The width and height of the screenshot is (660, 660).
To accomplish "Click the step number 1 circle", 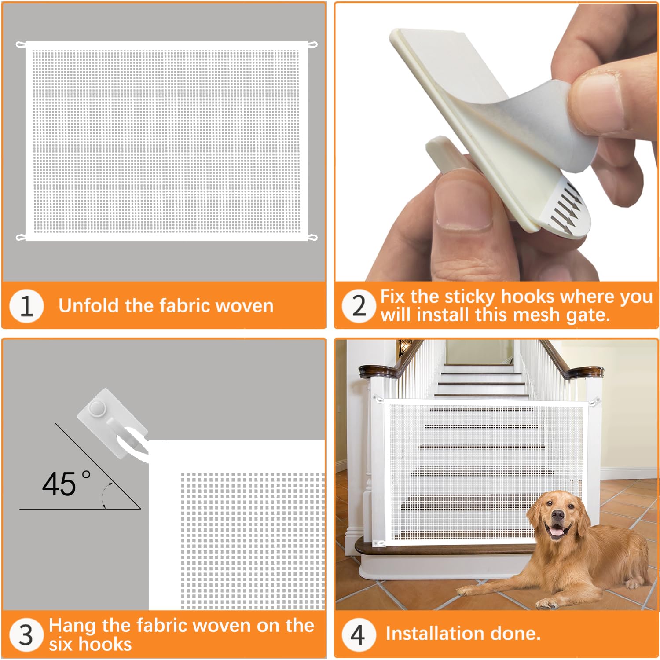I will [26, 306].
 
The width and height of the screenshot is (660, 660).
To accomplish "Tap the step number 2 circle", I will [359, 306].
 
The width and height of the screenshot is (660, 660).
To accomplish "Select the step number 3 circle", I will [26, 635].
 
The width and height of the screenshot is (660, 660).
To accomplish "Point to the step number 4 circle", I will [358, 635].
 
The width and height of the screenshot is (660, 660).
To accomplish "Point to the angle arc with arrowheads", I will [105, 495].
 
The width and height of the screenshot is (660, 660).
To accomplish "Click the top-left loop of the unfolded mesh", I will [20, 44].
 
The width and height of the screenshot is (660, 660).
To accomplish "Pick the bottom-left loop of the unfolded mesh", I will [20, 238].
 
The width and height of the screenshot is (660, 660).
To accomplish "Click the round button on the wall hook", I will [97, 409].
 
